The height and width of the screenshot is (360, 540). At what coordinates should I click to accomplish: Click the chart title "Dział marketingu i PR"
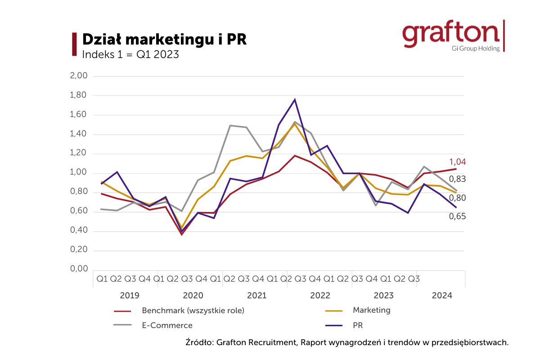164,39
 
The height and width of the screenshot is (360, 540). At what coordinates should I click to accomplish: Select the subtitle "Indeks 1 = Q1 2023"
130,55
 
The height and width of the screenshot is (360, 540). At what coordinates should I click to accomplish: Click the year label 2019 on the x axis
129,296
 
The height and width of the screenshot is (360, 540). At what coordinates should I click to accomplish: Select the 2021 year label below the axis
256,296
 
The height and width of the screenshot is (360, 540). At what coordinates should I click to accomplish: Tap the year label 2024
442,296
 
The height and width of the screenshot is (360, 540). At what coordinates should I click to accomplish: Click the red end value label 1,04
457,162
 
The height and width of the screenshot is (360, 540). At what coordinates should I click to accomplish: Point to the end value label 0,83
457,179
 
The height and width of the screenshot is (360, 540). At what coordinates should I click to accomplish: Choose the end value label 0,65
457,216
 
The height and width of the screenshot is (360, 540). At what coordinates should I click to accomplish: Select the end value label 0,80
457,198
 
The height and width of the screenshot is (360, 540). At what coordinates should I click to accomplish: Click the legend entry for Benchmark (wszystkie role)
193,310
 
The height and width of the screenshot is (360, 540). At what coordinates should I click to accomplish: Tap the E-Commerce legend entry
167,325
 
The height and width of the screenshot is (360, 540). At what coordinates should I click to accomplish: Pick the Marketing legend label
371,310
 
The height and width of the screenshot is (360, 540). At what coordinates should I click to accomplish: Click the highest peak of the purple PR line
295,99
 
